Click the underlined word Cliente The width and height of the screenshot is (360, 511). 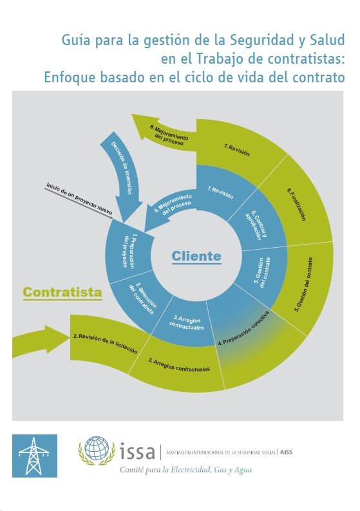pyautogui.click(x=196, y=256)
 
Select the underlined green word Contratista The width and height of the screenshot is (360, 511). pyautogui.click(x=62, y=292)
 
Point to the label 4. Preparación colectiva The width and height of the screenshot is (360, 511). pyautogui.click(x=244, y=328)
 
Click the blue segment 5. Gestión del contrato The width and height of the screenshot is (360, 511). pyautogui.click(x=263, y=273)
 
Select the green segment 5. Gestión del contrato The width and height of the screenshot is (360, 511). pyautogui.click(x=304, y=284)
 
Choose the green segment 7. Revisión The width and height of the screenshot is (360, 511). pyautogui.click(x=237, y=151)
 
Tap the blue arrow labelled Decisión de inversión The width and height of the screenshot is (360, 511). pyautogui.click(x=122, y=173)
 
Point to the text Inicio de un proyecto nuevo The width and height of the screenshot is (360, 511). pyautogui.click(x=79, y=199)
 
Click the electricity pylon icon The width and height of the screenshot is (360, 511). pyautogui.click(x=35, y=456)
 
